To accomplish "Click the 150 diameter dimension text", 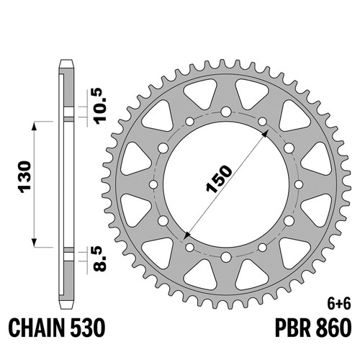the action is pos(220,179).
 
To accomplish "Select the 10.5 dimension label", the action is pos(100,106).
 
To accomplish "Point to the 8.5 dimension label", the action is pos(99,259).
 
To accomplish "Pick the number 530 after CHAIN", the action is pos(88,328).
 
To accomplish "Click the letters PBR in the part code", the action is pos(293,328).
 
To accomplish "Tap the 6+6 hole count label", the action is pos(339,305).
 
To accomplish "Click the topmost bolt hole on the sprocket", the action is pos(226,112).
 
